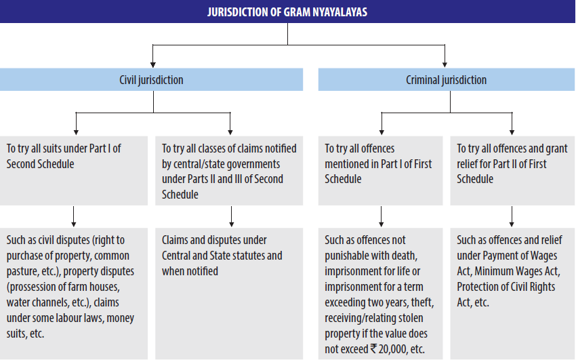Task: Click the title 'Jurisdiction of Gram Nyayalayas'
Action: [287, 12]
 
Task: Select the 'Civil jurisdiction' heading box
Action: [151, 80]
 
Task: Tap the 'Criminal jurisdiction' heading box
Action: [446, 80]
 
